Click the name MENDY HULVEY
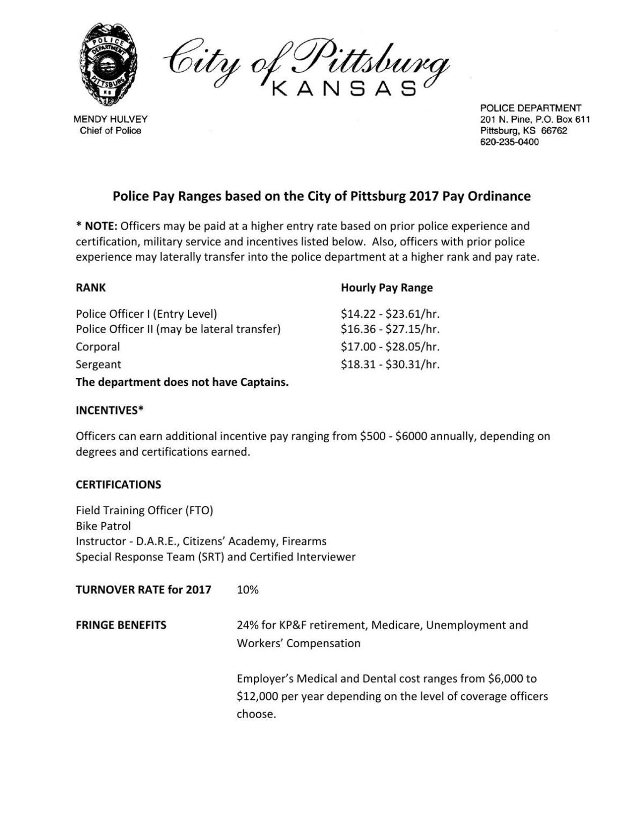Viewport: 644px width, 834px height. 110,119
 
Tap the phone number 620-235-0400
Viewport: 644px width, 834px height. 509,142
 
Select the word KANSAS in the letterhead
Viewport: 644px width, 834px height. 344,89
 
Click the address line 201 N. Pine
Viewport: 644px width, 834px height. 535,119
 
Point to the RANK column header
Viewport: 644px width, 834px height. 91,288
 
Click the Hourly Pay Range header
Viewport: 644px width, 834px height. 386,288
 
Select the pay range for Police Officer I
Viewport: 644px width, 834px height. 390,314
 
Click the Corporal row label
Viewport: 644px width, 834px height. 98,347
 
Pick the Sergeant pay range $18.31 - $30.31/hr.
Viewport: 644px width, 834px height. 390,364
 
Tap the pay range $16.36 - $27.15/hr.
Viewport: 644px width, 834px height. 390,329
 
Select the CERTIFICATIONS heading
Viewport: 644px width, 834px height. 118,485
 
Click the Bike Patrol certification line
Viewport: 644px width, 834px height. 103,526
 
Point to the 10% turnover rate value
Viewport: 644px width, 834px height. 247,590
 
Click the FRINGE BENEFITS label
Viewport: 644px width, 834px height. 121,625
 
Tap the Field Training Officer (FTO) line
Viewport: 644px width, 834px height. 144,510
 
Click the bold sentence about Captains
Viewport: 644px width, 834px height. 182,382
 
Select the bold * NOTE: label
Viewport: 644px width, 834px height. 97,226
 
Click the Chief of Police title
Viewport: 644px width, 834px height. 110,131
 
